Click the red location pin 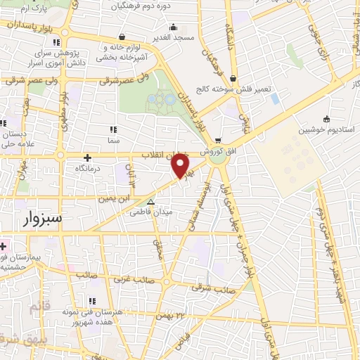[x=181, y=165]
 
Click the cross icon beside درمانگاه [x=87, y=157]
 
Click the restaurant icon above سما [x=112, y=129]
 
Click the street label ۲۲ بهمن [x=174, y=314]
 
